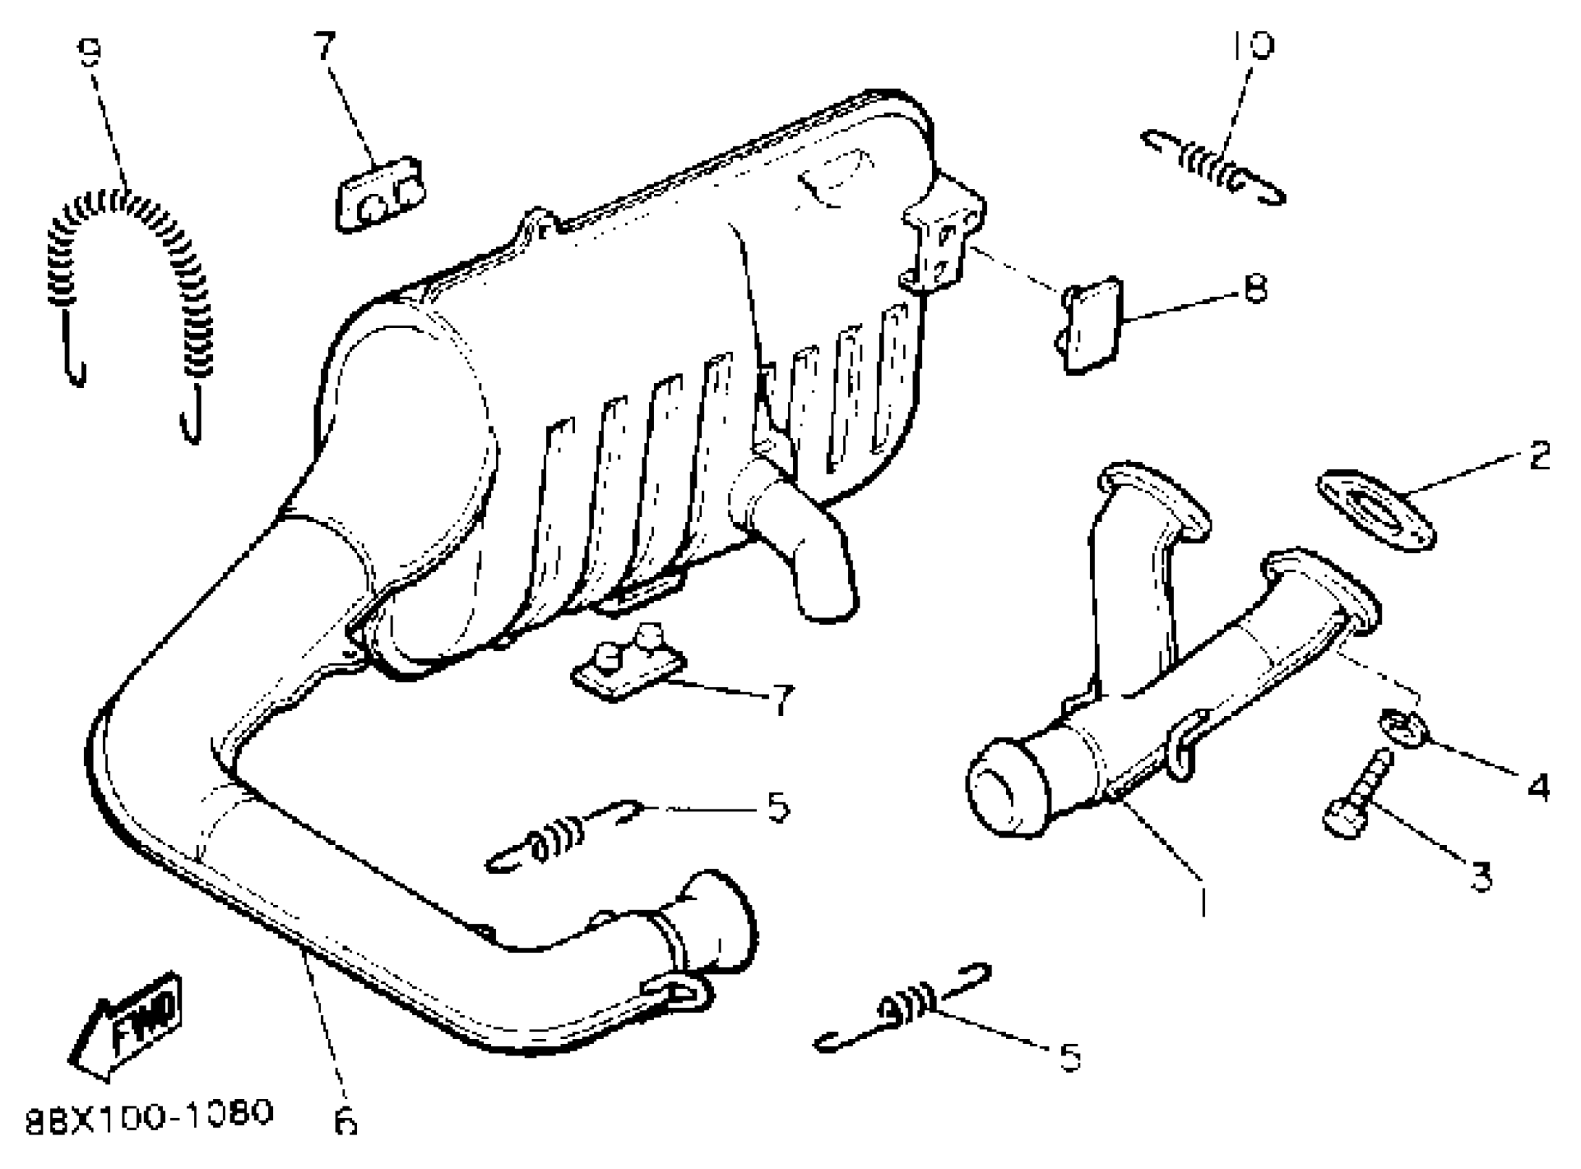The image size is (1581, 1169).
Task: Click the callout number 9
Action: [90, 52]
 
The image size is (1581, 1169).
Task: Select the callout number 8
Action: [1255, 289]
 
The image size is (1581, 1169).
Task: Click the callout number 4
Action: [1537, 787]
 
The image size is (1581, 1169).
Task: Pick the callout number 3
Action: [1481, 876]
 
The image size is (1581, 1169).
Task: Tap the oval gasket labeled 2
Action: [1375, 510]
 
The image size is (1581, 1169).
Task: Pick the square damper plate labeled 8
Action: [1092, 324]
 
